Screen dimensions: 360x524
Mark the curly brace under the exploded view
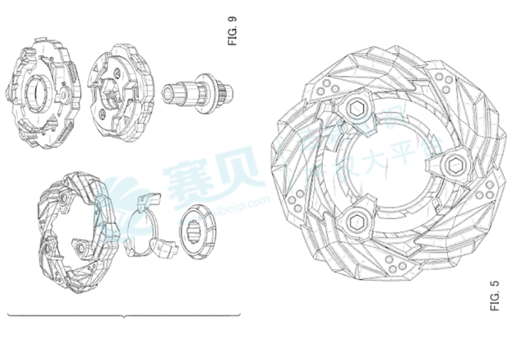124,314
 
